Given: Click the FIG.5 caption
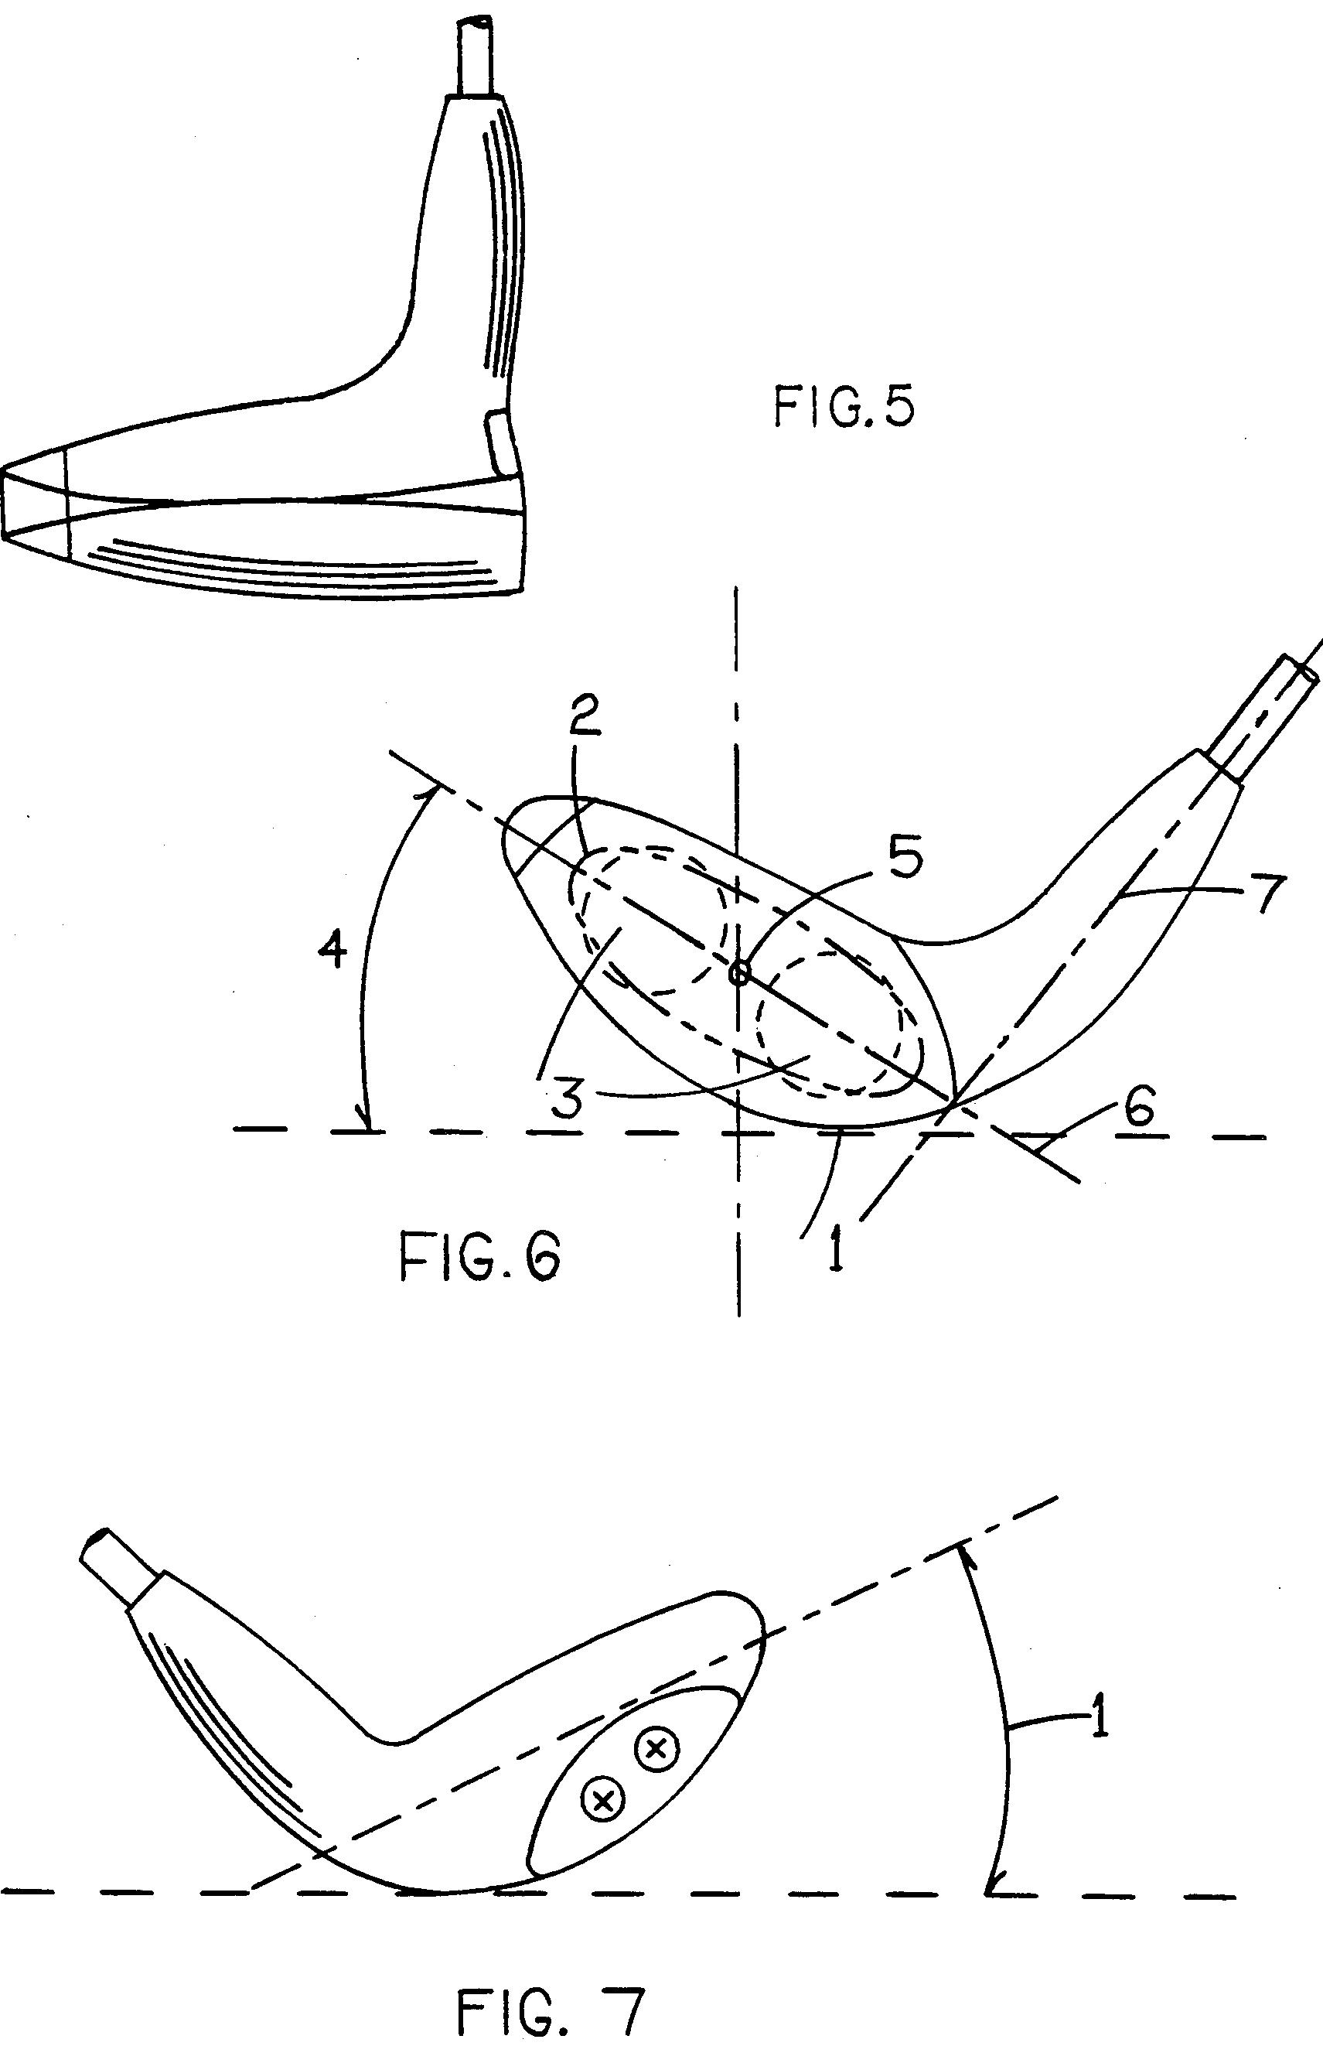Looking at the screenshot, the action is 844,406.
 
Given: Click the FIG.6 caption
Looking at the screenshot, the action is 480,1257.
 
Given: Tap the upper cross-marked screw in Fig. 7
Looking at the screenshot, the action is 656,1745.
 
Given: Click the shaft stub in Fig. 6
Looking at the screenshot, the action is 1262,716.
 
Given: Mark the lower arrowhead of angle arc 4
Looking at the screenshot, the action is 368,1121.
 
